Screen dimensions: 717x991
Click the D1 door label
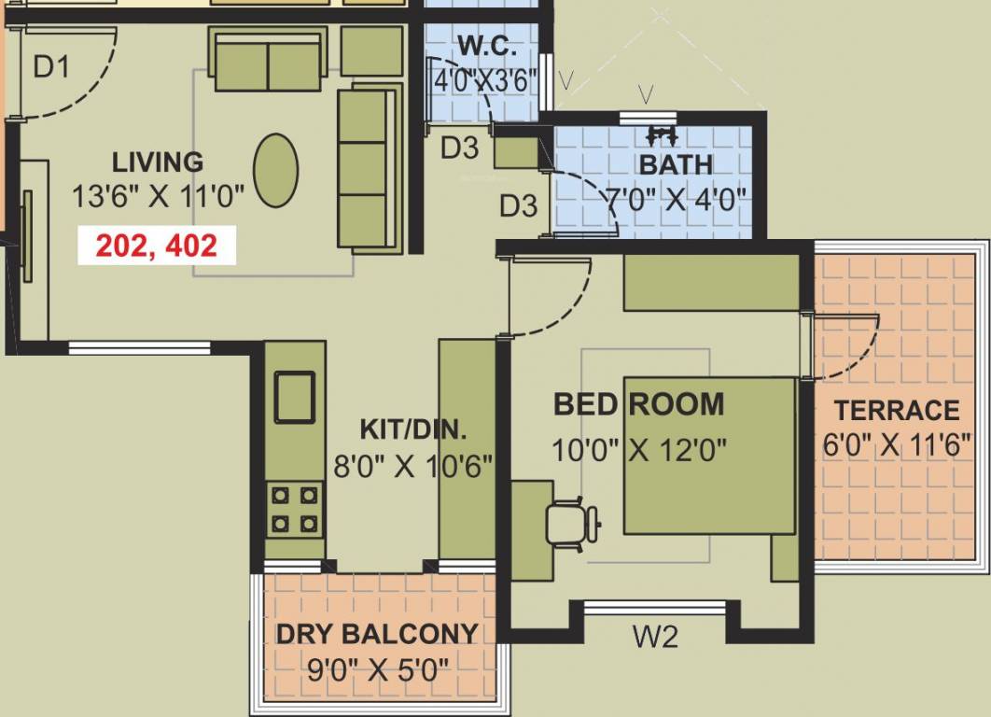tap(51, 67)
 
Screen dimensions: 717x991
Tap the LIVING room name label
tap(158, 162)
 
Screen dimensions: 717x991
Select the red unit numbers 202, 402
tap(156, 246)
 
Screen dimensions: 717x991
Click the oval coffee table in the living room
tap(276, 171)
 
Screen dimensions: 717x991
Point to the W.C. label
tap(484, 46)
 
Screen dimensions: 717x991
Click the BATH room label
tap(676, 165)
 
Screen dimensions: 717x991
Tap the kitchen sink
tap(294, 396)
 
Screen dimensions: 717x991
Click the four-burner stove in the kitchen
tap(294, 509)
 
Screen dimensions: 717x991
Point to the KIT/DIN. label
tap(413, 430)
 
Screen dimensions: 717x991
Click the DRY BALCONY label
tap(377, 634)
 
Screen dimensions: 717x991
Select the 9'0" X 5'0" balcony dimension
tap(377, 669)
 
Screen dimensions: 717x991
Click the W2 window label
tap(655, 638)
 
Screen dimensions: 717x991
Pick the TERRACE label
tap(897, 411)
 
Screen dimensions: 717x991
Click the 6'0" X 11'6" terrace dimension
tap(891, 445)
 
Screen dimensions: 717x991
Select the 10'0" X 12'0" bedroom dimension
tap(638, 449)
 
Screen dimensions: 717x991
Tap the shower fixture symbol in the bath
tap(662, 134)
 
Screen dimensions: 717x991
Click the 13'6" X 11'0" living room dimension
tap(158, 197)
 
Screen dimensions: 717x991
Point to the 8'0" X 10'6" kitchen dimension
tap(413, 465)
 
